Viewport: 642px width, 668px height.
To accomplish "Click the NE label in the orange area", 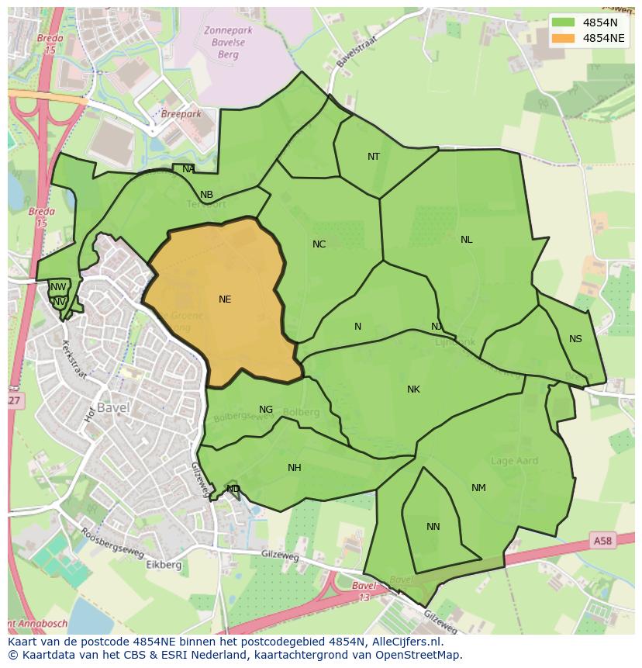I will pyautogui.click(x=225, y=299).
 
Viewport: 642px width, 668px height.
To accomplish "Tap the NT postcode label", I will pyautogui.click(x=374, y=157).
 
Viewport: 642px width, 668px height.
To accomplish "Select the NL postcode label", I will pyautogui.click(x=466, y=240).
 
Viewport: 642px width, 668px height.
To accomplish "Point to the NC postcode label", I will pyautogui.click(x=319, y=244).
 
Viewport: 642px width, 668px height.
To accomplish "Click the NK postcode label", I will pyautogui.click(x=413, y=389).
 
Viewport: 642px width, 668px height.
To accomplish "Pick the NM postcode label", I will pyautogui.click(x=478, y=488).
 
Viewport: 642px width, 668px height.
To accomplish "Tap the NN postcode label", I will pyautogui.click(x=433, y=527).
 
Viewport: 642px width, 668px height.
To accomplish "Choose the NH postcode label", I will pyautogui.click(x=295, y=468).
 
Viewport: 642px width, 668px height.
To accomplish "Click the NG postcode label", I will pyautogui.click(x=266, y=410).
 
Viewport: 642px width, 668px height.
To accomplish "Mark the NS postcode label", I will pyautogui.click(x=575, y=339).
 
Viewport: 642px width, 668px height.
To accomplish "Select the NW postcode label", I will pyautogui.click(x=58, y=287).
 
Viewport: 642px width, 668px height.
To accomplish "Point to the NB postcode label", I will pyautogui.click(x=206, y=195).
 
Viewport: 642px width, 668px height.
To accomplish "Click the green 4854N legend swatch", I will pyautogui.click(x=564, y=22).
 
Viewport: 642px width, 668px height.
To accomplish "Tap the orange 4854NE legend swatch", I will pyautogui.click(x=564, y=38).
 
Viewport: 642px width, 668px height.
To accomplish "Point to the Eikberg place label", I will pyautogui.click(x=164, y=565).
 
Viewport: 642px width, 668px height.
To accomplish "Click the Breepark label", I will pyautogui.click(x=181, y=114).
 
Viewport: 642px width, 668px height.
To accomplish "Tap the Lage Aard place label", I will pyautogui.click(x=515, y=461).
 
